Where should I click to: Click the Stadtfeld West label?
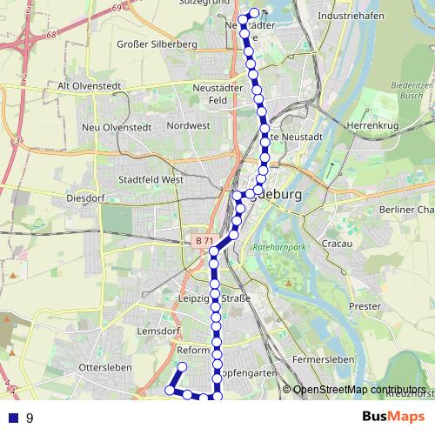[153, 179]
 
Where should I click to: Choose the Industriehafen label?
[350, 16]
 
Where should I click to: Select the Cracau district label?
[337, 244]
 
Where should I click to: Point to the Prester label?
[365, 306]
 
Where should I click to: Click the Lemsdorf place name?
[157, 331]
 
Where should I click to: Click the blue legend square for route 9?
[12, 418]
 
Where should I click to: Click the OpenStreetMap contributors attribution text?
[359, 390]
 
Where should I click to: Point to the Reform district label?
[193, 350]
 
